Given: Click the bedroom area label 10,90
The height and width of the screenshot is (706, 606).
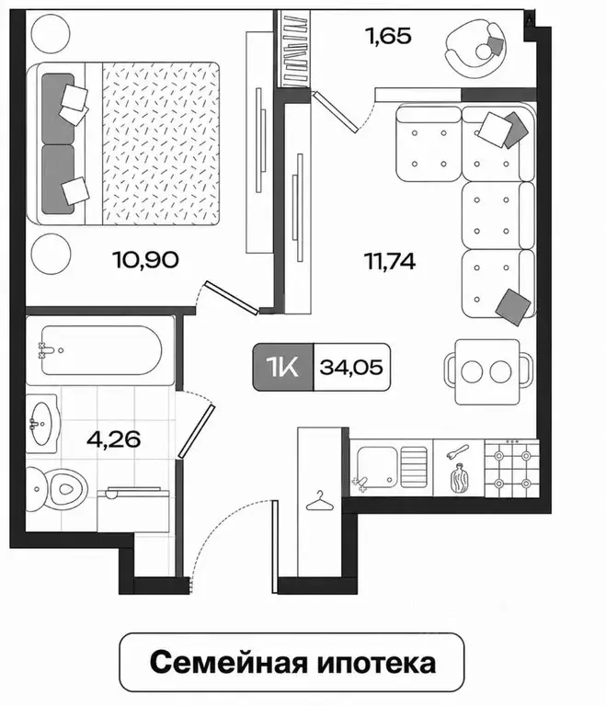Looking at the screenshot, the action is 145,260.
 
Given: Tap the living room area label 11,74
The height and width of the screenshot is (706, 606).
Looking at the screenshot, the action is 390,261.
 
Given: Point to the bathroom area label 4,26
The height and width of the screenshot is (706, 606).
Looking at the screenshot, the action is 113,439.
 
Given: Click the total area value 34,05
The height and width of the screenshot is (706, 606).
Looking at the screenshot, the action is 351,368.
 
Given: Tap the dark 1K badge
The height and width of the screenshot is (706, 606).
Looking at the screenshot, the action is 283,367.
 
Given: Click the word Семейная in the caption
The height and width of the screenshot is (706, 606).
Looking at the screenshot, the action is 228,663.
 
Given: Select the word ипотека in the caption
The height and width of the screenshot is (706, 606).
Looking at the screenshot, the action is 377,663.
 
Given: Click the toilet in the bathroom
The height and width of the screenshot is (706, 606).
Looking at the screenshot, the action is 56,489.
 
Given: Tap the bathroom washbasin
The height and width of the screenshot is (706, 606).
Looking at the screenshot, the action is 42,424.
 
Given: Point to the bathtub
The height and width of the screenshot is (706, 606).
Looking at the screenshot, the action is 101,350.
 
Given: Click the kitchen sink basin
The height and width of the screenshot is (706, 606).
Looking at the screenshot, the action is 378,467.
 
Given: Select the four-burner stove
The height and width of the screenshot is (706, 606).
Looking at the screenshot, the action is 512,468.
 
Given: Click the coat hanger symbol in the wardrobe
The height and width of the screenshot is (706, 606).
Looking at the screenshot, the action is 320,502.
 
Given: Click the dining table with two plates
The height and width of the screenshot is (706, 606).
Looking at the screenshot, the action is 488,372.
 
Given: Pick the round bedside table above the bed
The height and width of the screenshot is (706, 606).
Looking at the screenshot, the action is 51,34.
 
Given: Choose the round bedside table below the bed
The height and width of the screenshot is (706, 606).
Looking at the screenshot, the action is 51,254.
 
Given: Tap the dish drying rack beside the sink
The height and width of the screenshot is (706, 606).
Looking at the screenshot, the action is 414,467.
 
